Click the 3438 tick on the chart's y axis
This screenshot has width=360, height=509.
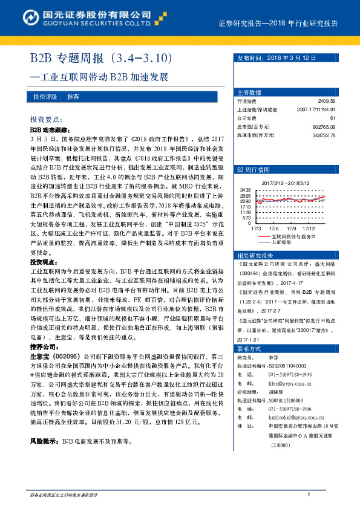pyautogui.click(x=245, y=190)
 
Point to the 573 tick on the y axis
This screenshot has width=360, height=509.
pyautogui.click(x=247, y=217)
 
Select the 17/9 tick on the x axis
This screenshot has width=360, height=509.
pyautogui.click(x=292, y=229)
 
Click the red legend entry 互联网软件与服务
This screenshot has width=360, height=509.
pyautogui.click(x=293, y=237)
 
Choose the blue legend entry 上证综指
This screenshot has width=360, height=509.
pyautogui.click(x=281, y=242)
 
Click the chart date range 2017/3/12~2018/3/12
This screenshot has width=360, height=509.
pyautogui.click(x=285, y=182)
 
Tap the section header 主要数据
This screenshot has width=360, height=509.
pyautogui.click(x=249, y=92)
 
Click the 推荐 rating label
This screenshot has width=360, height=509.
pyautogui.click(x=73, y=97)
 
